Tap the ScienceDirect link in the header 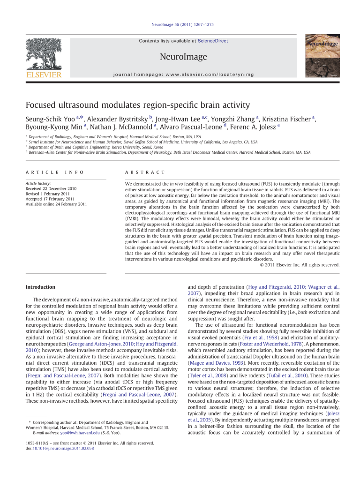pos(213,41)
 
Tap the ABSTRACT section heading pos(145,172)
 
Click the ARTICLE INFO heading pos(55,172)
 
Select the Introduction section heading pos(40,287)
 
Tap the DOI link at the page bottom pos(60,449)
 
